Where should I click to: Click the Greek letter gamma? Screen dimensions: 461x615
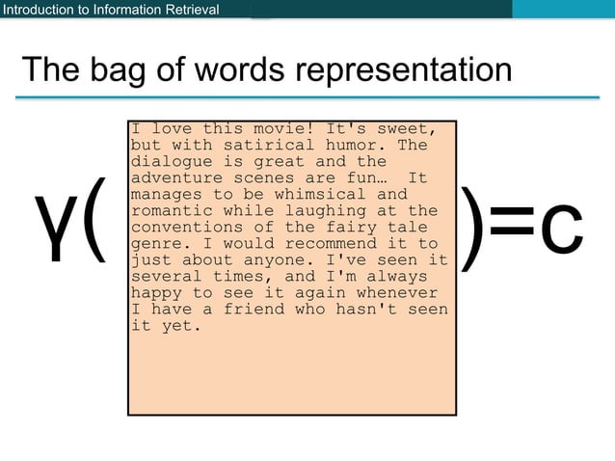tap(54, 228)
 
